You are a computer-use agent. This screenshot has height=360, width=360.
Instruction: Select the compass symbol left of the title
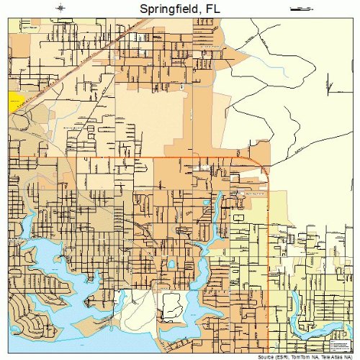(x=63, y=8)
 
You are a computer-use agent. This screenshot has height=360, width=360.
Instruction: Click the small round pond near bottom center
(x=171, y=264)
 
